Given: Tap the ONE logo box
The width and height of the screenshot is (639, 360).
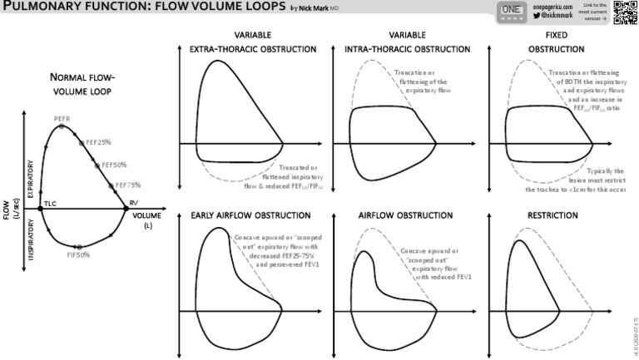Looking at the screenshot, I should pos(511,10).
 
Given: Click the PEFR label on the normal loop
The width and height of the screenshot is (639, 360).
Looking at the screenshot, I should pos(62,119).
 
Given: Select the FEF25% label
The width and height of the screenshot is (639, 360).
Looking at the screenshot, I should pos(98,142).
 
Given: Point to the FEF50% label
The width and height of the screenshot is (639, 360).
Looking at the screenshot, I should pos(114,165).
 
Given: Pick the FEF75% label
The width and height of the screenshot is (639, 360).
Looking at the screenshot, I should pos(127,185).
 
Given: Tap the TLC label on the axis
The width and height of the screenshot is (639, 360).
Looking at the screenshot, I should pos(50,203).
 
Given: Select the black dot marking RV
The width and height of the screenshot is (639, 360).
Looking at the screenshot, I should pos(126,209).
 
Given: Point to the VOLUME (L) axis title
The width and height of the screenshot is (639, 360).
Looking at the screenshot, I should pos(147,220).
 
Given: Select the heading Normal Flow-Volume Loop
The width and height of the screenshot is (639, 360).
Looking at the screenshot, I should pos(82,84).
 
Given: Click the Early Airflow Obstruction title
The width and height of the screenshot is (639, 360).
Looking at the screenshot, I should pos(240,216).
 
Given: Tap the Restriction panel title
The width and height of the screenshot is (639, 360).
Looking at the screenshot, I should pos(553,216).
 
